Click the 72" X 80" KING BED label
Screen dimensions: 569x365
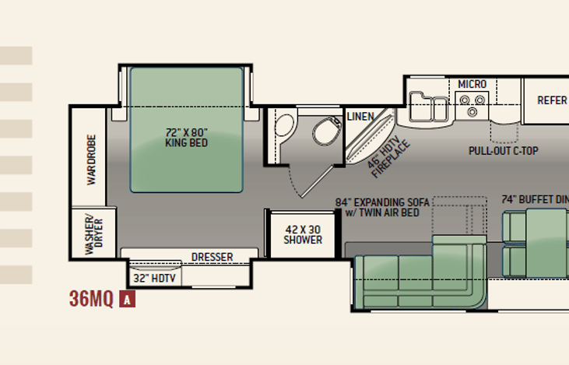(x=187, y=138)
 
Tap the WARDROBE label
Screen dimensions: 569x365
(x=91, y=160)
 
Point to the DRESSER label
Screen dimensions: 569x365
(x=212, y=257)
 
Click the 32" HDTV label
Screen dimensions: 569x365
(x=155, y=279)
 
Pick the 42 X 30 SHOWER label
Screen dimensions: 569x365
(x=303, y=235)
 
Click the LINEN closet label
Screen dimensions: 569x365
(x=360, y=117)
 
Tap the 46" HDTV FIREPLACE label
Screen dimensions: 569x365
(x=388, y=156)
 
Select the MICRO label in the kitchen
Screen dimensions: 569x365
(x=472, y=84)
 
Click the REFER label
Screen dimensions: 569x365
(x=552, y=100)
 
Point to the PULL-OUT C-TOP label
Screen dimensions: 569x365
(x=504, y=150)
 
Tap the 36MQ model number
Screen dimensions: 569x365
(x=91, y=299)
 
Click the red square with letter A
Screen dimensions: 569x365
(x=127, y=300)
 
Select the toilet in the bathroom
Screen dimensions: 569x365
(x=328, y=130)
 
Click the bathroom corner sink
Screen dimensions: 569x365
(x=284, y=124)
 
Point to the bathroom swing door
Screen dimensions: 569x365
(x=318, y=181)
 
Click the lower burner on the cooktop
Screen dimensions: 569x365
(x=472, y=112)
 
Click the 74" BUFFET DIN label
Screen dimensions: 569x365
(x=535, y=199)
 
